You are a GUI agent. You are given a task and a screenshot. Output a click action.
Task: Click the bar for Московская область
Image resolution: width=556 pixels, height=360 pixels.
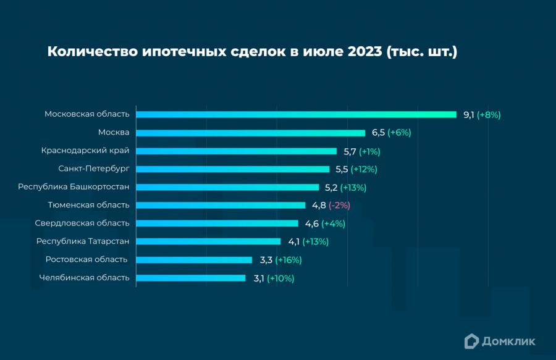pyautogui.click(x=296, y=114)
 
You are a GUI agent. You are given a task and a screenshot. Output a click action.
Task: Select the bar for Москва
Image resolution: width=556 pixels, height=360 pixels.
pyautogui.click(x=250, y=133)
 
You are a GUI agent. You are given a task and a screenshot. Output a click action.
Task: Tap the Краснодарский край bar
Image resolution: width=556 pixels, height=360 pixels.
pyautogui.click(x=236, y=151)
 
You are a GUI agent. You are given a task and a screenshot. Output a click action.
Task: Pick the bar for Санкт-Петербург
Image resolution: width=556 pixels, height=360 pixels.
pyautogui.click(x=232, y=169)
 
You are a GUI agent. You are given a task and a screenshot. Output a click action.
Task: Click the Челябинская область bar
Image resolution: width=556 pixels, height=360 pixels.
pyautogui.click(x=190, y=278)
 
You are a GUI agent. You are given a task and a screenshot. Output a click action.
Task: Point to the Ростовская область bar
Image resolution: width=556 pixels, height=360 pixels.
pyautogui.click(x=194, y=260)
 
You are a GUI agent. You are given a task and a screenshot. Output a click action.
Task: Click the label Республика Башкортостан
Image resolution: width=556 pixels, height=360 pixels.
pyautogui.click(x=74, y=187)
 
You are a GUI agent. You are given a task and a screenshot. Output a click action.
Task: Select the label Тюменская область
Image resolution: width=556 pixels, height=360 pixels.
pyautogui.click(x=88, y=205)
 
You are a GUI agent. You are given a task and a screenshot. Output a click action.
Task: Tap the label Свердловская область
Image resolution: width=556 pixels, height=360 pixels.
pyautogui.click(x=82, y=224)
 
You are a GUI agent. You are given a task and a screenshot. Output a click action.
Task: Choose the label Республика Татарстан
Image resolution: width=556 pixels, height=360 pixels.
pyautogui.click(x=83, y=241)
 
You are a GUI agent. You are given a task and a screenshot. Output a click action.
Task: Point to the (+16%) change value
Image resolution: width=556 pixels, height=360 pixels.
pyautogui.click(x=288, y=260)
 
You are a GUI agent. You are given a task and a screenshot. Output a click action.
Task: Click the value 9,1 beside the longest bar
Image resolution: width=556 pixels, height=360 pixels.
pyautogui.click(x=468, y=114)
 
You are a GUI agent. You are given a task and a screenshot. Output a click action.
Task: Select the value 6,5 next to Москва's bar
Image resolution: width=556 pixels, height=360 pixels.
pyautogui.click(x=378, y=133)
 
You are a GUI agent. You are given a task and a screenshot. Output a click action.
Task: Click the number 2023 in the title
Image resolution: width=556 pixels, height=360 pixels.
pyautogui.click(x=364, y=52)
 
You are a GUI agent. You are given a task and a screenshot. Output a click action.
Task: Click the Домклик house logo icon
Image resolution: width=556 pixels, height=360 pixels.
pyautogui.click(x=472, y=340)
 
